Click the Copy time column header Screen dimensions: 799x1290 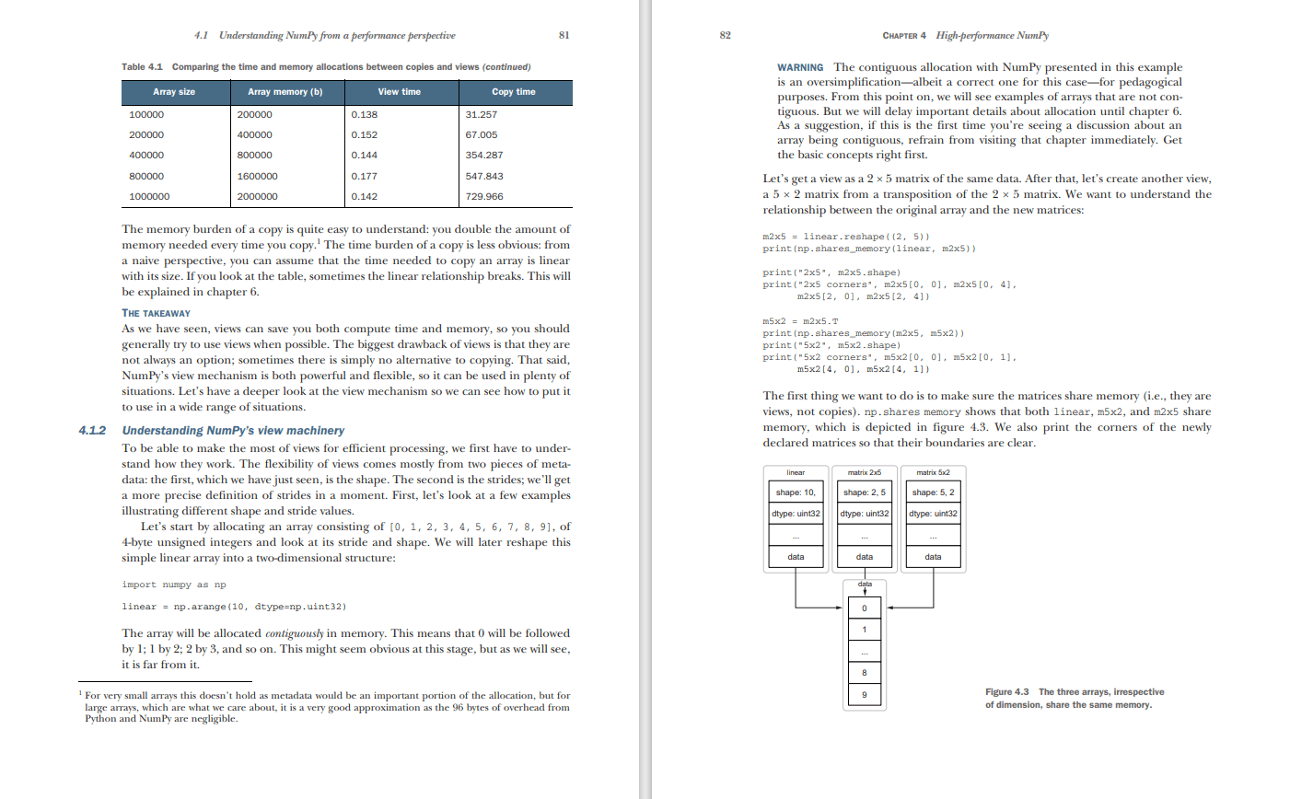pos(513,92)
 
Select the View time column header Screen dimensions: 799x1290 pos(399,92)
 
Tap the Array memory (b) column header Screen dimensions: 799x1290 pos(285,92)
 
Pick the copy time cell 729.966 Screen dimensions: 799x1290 pos(484,196)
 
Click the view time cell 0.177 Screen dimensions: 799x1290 pos(365,176)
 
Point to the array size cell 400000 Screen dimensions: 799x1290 pos(147,156)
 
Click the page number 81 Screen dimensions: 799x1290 pos(564,35)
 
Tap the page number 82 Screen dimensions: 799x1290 pos(726,35)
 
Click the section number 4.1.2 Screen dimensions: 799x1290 pos(92,431)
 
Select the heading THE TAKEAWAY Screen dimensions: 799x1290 pos(156,313)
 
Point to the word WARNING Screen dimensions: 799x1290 pos(800,67)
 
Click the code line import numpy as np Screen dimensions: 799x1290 pos(174,585)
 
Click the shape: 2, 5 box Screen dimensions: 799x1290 pos(865,492)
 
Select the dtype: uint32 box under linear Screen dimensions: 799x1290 pos(796,514)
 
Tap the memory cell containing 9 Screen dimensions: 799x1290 pos(865,695)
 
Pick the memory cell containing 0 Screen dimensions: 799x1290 pos(865,608)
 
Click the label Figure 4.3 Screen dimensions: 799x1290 pos(1006,692)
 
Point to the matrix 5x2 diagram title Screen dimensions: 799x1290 pos(933,472)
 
